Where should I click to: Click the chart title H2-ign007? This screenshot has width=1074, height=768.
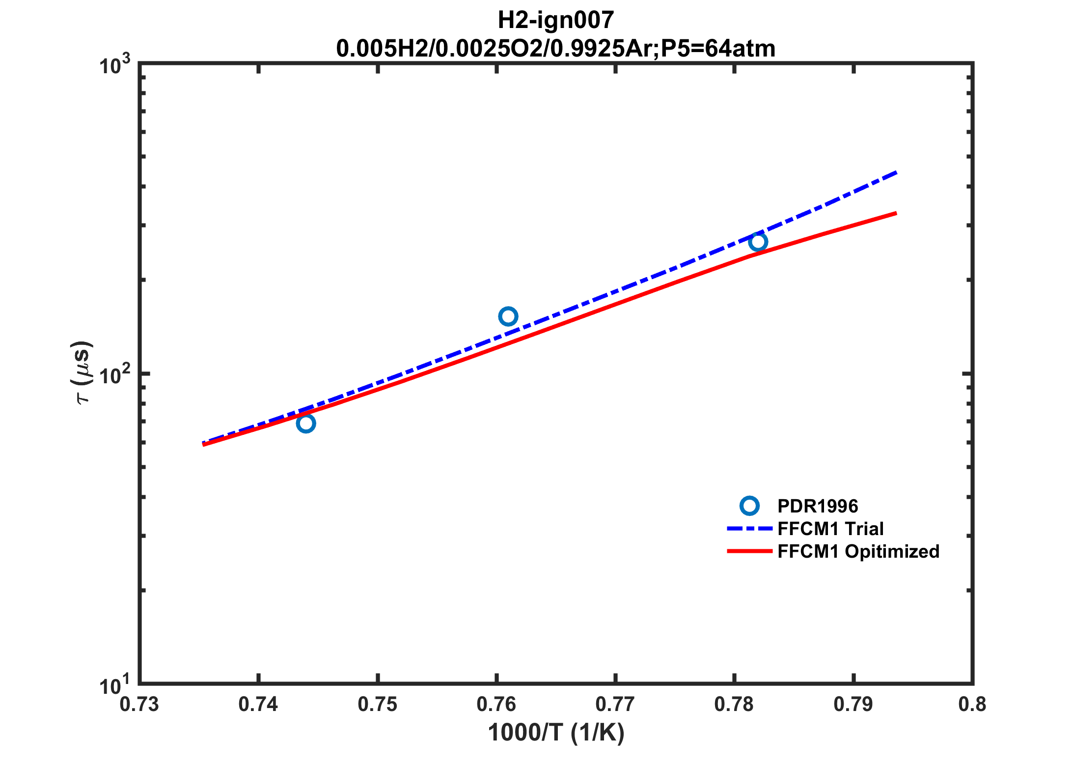point(555,20)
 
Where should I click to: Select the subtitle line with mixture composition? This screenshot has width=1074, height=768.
point(555,48)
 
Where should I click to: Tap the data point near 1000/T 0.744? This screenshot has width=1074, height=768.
point(305,423)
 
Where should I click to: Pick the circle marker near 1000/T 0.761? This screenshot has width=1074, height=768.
point(508,316)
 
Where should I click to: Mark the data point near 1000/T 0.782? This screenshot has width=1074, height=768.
point(758,242)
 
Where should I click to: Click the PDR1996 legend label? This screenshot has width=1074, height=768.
point(818,506)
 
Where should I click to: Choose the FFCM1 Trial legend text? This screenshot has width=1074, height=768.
point(830,529)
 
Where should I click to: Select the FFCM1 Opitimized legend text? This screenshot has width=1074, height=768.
point(858,551)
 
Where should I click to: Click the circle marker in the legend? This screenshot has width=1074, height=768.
point(749,506)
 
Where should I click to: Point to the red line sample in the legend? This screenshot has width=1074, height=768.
point(749,551)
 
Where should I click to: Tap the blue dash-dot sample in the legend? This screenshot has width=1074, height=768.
point(749,529)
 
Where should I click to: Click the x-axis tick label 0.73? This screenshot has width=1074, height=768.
point(139,705)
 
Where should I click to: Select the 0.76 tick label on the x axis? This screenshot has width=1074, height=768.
point(496,705)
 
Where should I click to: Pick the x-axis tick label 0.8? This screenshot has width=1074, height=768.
point(972,705)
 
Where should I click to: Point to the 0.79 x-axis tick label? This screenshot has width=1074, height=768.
point(853,705)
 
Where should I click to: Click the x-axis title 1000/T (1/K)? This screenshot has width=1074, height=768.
point(555,733)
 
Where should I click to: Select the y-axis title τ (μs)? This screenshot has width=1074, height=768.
point(82,372)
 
